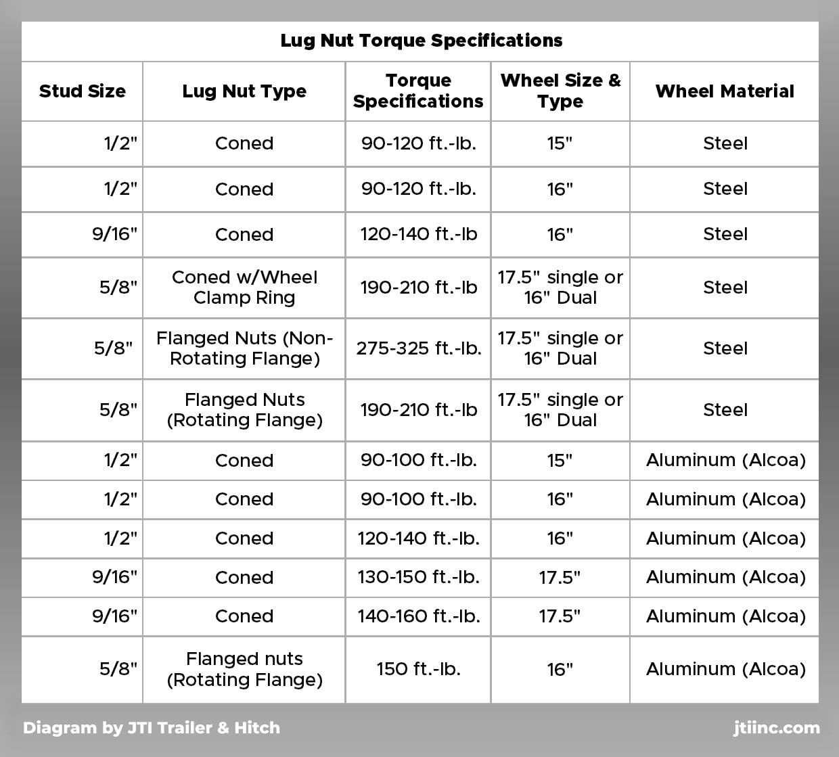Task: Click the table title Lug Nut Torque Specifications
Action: coord(421,41)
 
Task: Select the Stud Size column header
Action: coord(82,91)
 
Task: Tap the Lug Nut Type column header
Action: coord(244,91)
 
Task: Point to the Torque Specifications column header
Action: coord(418,91)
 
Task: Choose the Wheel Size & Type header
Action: coord(560,91)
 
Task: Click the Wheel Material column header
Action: coord(725,91)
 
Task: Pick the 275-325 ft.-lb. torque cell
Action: coord(419,348)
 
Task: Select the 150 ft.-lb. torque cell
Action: coord(419,669)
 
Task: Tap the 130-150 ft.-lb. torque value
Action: coord(419,577)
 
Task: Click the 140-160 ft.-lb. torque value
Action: coord(419,616)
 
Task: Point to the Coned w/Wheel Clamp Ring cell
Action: coord(244,288)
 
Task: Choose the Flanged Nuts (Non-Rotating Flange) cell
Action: coord(244,348)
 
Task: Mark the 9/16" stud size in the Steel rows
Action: coord(115,234)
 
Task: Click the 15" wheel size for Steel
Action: coord(560,143)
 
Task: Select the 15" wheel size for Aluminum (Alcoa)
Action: coord(560,460)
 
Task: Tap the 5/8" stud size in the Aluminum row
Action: coord(118,669)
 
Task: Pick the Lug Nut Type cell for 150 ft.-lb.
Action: coord(244,669)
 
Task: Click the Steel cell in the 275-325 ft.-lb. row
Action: coord(725,348)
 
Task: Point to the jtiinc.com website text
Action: coord(776,728)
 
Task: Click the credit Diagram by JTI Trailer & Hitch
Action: coord(152,728)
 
